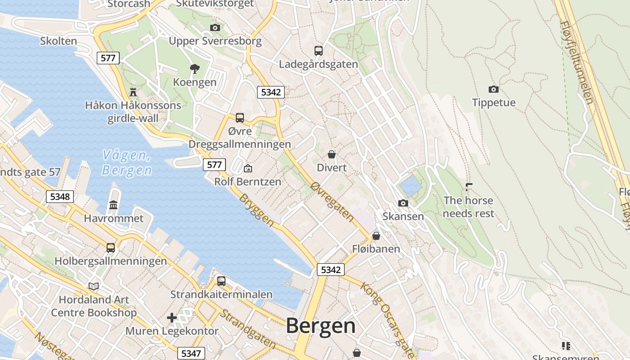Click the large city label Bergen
coord(320,326)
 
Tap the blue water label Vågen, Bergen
coord(126,163)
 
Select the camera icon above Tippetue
coord(494,89)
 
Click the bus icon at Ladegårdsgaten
coord(319,50)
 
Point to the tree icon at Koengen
coord(195,69)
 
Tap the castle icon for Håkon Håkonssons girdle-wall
coord(133,92)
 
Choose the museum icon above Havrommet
coord(113,205)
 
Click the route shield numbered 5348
coord(60,197)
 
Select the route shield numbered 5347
coord(191,353)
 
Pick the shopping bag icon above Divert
coord(332,154)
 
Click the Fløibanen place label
coord(376,249)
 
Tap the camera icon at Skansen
coord(403,203)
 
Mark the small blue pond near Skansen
coord(409,185)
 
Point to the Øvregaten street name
coord(333,202)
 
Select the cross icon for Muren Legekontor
coord(172,318)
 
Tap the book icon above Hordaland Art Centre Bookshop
coord(94,286)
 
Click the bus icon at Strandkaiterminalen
coord(221,281)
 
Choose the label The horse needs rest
coord(468,207)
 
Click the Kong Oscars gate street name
coord(382,314)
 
